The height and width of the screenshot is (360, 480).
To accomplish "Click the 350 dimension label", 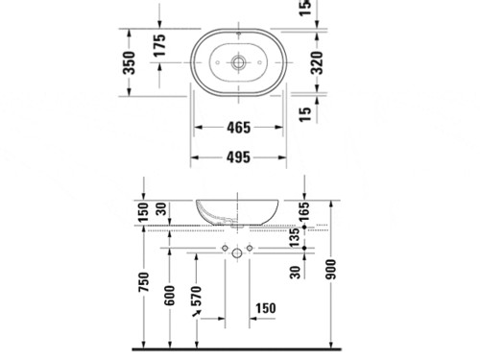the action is [129, 62].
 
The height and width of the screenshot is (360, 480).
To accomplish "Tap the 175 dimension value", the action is [159, 45].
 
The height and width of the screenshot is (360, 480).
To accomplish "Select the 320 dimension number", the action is [317, 62].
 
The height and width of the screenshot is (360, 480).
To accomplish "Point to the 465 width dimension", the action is [238, 128].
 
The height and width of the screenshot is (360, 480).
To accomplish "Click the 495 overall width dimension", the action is [238, 157].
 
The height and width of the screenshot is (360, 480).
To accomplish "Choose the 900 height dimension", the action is [331, 270].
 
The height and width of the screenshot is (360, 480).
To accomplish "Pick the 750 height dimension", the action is [144, 281].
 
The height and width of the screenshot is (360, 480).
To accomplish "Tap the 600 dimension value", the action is [170, 296].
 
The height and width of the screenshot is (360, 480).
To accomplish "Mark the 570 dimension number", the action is [196, 296].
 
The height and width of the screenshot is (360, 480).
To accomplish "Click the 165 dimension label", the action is [304, 211].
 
